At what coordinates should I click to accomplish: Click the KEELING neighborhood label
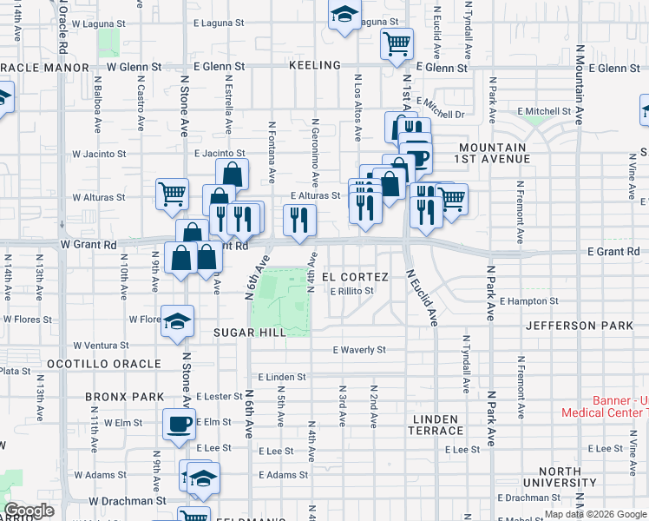[315, 66]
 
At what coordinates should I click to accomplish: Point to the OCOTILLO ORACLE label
[103, 363]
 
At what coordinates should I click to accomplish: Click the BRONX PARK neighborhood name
[125, 397]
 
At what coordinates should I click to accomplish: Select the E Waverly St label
[358, 350]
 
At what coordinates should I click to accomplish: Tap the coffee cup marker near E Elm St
[180, 424]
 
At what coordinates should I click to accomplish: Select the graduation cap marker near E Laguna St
[344, 14]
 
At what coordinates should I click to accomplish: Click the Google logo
[29, 511]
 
